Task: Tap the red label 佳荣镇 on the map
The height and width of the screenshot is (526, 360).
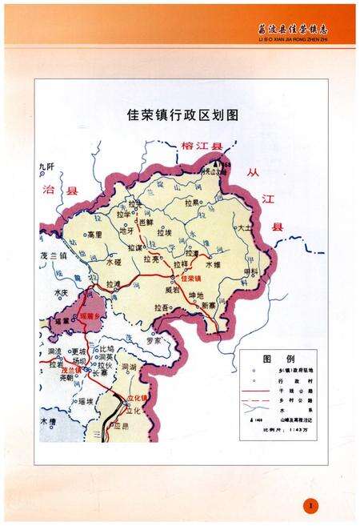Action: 190,279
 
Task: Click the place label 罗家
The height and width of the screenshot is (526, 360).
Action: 153,341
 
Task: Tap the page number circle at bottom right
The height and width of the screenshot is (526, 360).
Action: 312,505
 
